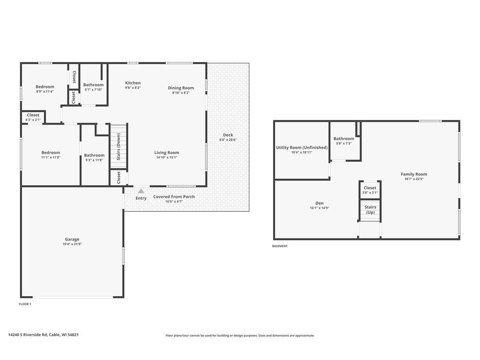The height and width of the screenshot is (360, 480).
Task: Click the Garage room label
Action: pyautogui.click(x=72, y=239)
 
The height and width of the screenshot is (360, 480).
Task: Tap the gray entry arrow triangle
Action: pyautogui.click(x=141, y=191)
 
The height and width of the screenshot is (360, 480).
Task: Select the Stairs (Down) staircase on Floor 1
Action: pyautogui.click(x=118, y=146)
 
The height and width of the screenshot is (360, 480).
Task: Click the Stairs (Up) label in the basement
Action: pyautogui.click(x=370, y=210)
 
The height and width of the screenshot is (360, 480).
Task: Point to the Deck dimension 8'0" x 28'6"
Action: pyautogui.click(x=228, y=140)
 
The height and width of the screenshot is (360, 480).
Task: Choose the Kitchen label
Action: pyautogui.click(x=133, y=83)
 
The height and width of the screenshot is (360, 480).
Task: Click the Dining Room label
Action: pyautogui.click(x=181, y=88)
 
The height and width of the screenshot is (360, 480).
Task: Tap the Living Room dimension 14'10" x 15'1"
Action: pyautogui.click(x=167, y=157)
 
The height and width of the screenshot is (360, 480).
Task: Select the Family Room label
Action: pyautogui.click(x=414, y=174)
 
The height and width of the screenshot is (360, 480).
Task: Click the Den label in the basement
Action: pyautogui.click(x=319, y=203)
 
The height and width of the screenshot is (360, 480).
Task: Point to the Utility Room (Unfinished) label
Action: pyautogui.click(x=302, y=147)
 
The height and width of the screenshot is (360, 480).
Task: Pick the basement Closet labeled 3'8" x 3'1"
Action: pyautogui.click(x=370, y=190)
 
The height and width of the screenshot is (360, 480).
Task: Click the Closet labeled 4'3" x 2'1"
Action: pyautogui.click(x=33, y=117)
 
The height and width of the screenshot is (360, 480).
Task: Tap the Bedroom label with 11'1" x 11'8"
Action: pyautogui.click(x=51, y=153)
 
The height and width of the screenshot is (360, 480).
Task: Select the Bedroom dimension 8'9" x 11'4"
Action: pyautogui.click(x=45, y=91)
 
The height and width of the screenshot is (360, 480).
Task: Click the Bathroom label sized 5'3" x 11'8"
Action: pyautogui.click(x=94, y=155)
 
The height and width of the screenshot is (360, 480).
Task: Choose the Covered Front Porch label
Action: pyautogui.click(x=174, y=197)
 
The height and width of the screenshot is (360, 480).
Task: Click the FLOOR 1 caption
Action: pyautogui.click(x=25, y=304)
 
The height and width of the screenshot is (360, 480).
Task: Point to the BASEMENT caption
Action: pyautogui.click(x=280, y=246)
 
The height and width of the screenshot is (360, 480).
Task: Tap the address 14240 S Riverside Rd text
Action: pyautogui.click(x=28, y=335)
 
